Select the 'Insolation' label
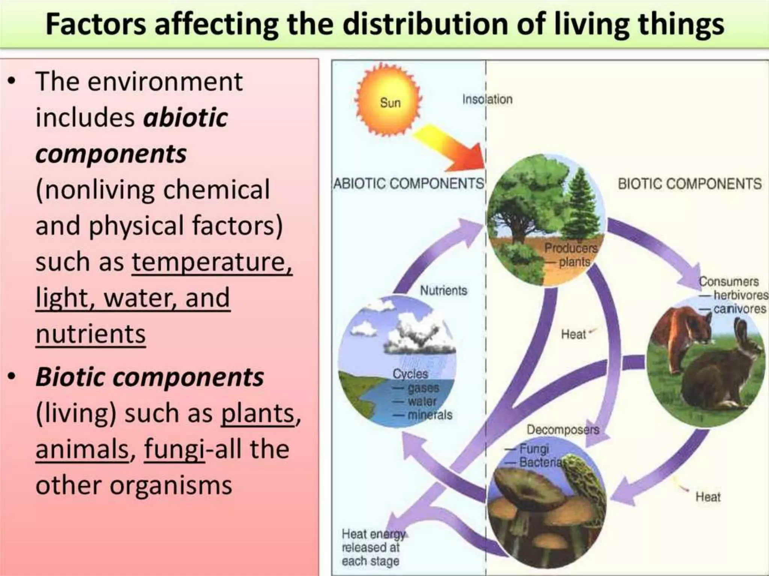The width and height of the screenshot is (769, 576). click(x=487, y=99)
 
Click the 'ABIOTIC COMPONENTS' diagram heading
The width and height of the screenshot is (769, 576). click(x=409, y=184)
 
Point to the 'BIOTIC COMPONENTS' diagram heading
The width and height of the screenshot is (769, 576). click(x=689, y=184)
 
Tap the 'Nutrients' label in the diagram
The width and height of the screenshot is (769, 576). click(x=443, y=291)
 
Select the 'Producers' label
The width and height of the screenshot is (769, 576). click(x=570, y=248)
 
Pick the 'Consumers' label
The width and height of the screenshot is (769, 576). click(x=728, y=281)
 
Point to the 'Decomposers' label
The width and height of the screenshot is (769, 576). click(x=562, y=430)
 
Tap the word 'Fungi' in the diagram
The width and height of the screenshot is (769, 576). click(x=534, y=448)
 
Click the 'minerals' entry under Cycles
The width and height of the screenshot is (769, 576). click(x=430, y=415)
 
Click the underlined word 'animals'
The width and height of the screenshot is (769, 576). click(x=82, y=449)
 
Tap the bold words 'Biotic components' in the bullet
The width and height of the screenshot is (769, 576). click(x=149, y=376)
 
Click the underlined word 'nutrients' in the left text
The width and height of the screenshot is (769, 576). click(x=90, y=334)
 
